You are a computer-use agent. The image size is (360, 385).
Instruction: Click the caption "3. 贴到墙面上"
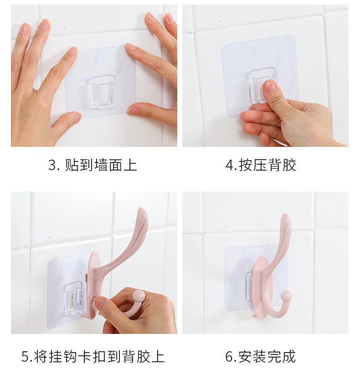click(93, 165)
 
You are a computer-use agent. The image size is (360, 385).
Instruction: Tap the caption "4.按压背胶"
click(261, 165)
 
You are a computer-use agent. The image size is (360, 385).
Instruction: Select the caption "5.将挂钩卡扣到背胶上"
click(93, 357)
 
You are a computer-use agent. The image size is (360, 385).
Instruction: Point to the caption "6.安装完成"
click(261, 357)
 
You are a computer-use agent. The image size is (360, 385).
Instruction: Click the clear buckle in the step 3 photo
click(102, 92)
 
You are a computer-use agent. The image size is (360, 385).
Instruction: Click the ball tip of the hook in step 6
click(287, 296)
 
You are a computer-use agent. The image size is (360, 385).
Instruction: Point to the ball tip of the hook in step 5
click(139, 296)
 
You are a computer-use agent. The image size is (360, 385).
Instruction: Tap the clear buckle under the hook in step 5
click(73, 298)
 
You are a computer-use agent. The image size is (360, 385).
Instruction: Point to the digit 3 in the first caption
click(52, 165)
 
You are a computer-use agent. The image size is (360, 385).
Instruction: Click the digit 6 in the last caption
click(229, 357)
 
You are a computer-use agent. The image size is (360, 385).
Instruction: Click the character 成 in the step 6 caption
click(289, 357)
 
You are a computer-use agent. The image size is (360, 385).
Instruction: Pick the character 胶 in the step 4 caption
click(289, 165)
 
